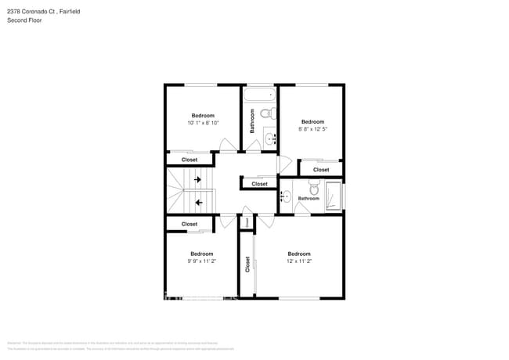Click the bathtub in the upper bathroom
259,96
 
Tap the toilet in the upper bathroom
267,114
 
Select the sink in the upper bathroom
270,139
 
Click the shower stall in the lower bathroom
334,196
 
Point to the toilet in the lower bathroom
314,188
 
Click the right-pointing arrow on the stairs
197,180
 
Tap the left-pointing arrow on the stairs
198,203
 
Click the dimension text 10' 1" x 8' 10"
203,123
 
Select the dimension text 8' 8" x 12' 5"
312,129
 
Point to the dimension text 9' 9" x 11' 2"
201,261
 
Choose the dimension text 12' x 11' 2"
298,261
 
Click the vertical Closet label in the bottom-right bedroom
247,265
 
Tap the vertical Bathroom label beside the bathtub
252,120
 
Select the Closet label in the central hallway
259,184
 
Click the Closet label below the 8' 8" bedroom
321,170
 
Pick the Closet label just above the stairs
190,160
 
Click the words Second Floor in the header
24,20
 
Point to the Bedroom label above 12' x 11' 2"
298,254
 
